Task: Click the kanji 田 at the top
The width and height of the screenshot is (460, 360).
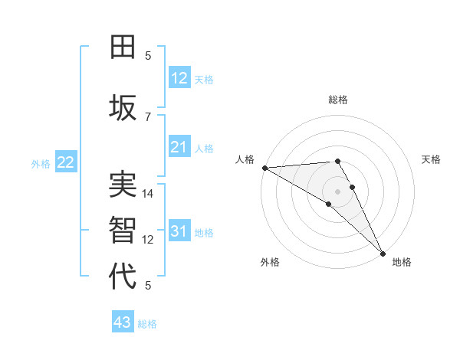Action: [123, 47]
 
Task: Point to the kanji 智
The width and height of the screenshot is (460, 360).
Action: [123, 230]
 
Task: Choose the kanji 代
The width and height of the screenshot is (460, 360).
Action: [123, 276]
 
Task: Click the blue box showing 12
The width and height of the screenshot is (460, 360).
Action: [179, 78]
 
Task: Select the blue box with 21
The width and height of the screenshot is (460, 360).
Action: [179, 147]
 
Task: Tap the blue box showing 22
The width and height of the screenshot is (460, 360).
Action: [66, 162]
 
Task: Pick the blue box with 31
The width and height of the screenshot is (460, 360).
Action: [179, 231]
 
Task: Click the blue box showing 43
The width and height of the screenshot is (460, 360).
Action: [123, 322]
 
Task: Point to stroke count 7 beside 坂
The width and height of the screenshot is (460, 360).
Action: [148, 116]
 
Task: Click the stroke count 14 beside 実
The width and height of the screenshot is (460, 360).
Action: [148, 194]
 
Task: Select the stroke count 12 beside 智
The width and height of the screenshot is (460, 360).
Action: [148, 240]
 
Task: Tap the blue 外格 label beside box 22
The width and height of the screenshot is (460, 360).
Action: [41, 163]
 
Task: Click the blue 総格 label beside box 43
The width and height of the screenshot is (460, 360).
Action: [147, 323]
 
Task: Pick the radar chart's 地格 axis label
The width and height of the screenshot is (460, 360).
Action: [402, 262]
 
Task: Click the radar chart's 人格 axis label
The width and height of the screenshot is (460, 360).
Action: [244, 159]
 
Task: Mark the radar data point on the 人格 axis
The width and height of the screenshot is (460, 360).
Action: [264, 168]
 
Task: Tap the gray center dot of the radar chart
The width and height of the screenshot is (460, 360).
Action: [337, 191]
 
